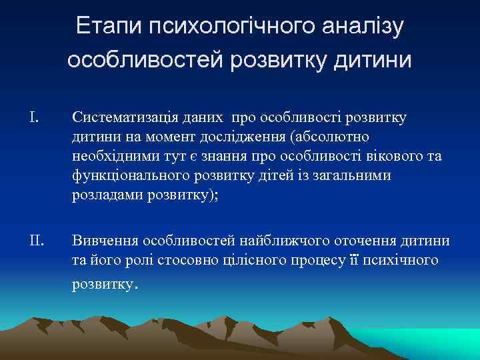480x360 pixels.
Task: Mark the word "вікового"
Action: point(389,156)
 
